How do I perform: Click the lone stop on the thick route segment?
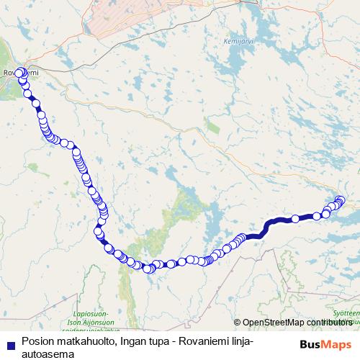[295, 219]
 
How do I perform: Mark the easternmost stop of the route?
[341, 200]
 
